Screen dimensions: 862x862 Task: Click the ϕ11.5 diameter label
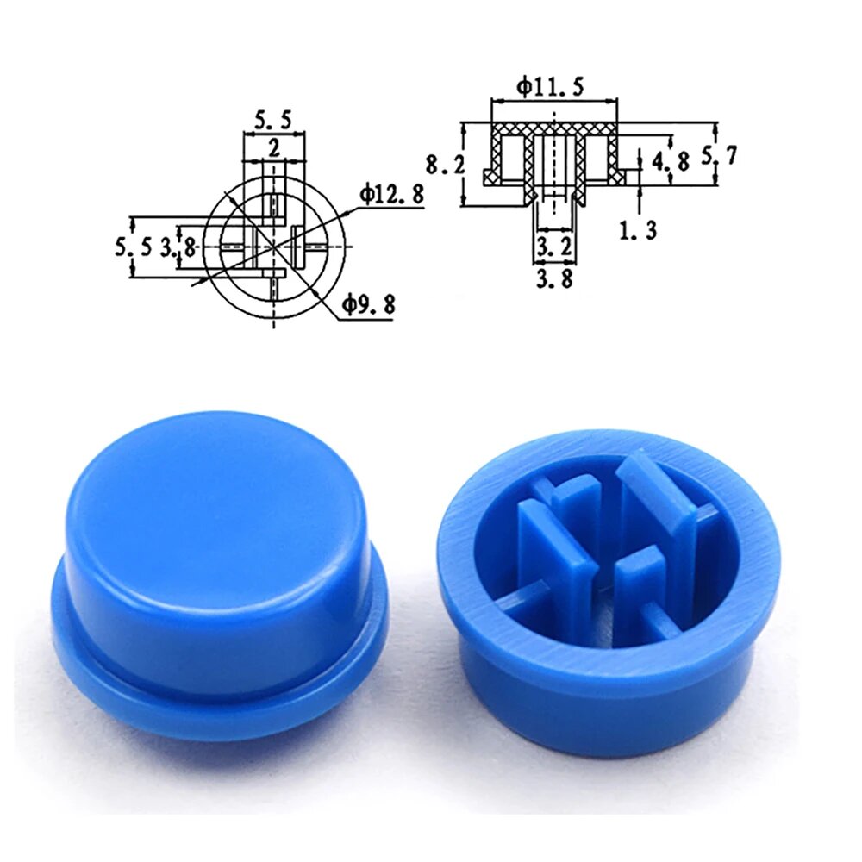click(550, 87)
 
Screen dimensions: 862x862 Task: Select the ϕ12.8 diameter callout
click(392, 195)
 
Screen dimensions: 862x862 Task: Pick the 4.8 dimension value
click(670, 162)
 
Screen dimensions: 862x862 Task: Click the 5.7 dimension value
click(718, 157)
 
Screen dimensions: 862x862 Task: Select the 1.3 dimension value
click(638, 231)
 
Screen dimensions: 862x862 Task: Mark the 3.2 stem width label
click(553, 247)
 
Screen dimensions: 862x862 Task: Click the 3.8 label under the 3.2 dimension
click(553, 278)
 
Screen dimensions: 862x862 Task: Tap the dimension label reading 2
click(273, 148)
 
